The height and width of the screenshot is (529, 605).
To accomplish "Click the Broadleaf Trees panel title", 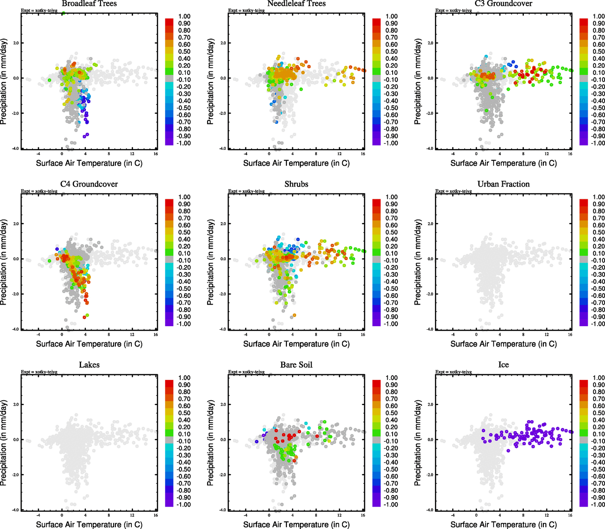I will pyautogui.click(x=89, y=4).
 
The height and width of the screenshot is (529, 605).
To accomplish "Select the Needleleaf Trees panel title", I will pyautogui.click(x=296, y=4).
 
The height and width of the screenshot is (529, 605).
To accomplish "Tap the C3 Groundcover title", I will pyautogui.click(x=503, y=4).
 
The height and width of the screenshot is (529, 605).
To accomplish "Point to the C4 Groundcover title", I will pyautogui.click(x=89, y=184).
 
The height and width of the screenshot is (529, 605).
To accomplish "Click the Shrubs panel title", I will pyautogui.click(x=296, y=184).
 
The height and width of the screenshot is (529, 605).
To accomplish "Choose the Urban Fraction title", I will pyautogui.click(x=503, y=184).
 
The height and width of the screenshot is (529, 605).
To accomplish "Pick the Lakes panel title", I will pyautogui.click(x=89, y=365).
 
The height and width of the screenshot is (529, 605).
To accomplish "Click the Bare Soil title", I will pyautogui.click(x=296, y=365).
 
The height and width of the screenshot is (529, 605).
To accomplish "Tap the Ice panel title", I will pyautogui.click(x=503, y=365).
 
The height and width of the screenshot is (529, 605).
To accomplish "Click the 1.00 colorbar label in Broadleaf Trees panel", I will pyautogui.click(x=184, y=16).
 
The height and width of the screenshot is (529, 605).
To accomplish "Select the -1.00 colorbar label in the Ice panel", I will pyautogui.click(x=598, y=505).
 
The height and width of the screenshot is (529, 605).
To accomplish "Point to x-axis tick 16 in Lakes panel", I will pyautogui.click(x=156, y=515).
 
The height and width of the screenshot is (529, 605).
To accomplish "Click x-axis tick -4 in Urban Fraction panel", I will pyautogui.click(x=453, y=335).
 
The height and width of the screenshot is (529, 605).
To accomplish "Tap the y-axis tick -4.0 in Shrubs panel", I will pyautogui.click(x=223, y=329).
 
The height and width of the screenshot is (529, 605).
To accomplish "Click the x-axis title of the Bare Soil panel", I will pyautogui.click(x=296, y=525).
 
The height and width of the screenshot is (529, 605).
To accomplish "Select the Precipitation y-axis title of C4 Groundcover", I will pyautogui.click(x=4, y=263).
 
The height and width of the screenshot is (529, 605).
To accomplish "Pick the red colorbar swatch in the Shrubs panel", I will pyautogui.click(x=377, y=203).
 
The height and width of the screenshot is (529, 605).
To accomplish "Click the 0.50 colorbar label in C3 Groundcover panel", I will pyautogui.click(x=598, y=52).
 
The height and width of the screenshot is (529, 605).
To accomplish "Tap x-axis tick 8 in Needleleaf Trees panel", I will pyautogui.click(x=316, y=154).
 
